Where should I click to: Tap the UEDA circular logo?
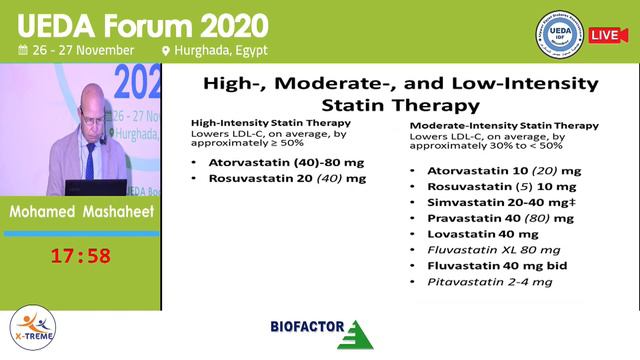click(x=561, y=34)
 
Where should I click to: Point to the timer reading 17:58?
click(x=80, y=256)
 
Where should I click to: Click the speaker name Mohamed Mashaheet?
click(x=80, y=214)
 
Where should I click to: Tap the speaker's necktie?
click(x=91, y=157)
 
